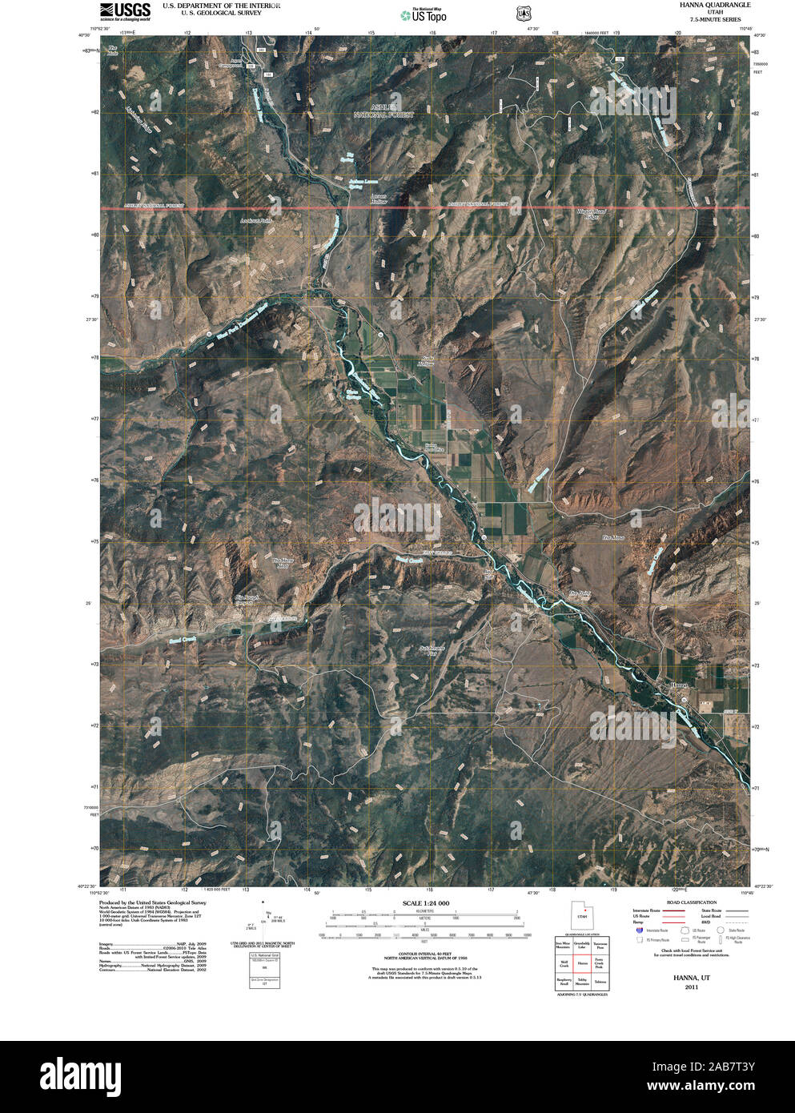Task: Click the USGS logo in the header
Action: (125, 10)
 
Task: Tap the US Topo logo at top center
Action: (424, 14)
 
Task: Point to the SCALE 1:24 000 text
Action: (425, 903)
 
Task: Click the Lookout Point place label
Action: (255, 219)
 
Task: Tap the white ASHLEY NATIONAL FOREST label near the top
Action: (384, 111)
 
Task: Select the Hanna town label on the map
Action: (679, 685)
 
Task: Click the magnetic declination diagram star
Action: (263, 902)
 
